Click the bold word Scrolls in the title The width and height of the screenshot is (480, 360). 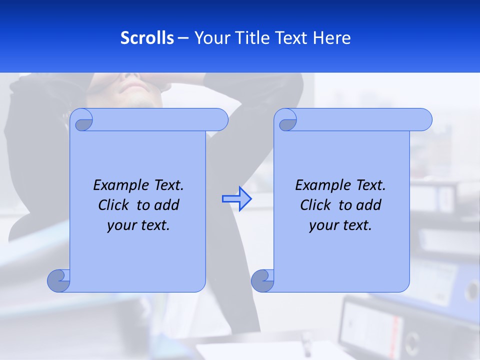pyautogui.click(x=147, y=38)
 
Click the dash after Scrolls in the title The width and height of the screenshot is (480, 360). pyautogui.click(x=183, y=38)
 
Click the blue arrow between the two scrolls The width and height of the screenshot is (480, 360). pyautogui.click(x=236, y=198)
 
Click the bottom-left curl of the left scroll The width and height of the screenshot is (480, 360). pyautogui.click(x=59, y=280)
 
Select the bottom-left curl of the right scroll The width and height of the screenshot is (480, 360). pyautogui.click(x=262, y=280)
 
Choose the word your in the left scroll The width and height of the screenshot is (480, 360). pyautogui.click(x=120, y=225)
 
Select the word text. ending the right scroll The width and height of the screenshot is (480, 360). pyautogui.click(x=356, y=225)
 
